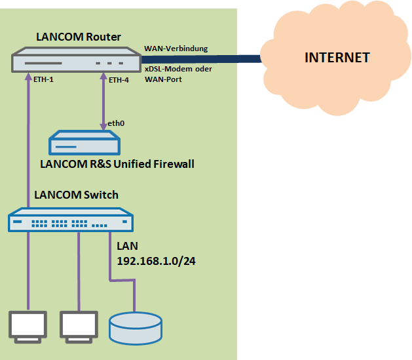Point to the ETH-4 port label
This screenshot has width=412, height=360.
(x=119, y=80)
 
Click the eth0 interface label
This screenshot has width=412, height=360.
(x=117, y=123)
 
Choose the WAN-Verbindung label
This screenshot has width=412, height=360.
(x=176, y=49)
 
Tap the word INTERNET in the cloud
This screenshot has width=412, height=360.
(x=337, y=58)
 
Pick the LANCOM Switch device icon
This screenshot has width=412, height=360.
(x=71, y=220)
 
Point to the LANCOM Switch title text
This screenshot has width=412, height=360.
(x=77, y=195)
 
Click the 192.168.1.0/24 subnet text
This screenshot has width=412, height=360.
(x=157, y=261)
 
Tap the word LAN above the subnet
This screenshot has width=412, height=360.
(x=127, y=247)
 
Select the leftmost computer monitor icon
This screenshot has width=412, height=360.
(x=28, y=325)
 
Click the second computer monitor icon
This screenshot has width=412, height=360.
(x=79, y=325)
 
